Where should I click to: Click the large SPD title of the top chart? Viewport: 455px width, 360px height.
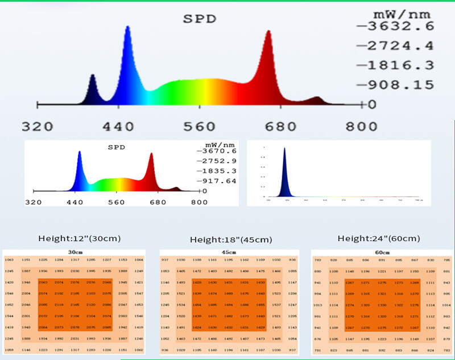pyautogui.click(x=199, y=18)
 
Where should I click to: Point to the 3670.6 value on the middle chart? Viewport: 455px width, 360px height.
pyautogui.click(x=217, y=151)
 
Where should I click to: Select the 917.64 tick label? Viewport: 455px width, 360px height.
pyautogui.click(x=217, y=181)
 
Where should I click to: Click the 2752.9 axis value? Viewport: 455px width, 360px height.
pyautogui.click(x=217, y=162)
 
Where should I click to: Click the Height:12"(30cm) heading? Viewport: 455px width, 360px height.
pyautogui.click(x=79, y=238)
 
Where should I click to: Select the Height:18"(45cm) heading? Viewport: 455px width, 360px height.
pyautogui.click(x=231, y=239)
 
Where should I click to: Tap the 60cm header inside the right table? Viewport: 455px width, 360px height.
pyautogui.click(x=382, y=252)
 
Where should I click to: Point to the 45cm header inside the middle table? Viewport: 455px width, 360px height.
pyautogui.click(x=229, y=252)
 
